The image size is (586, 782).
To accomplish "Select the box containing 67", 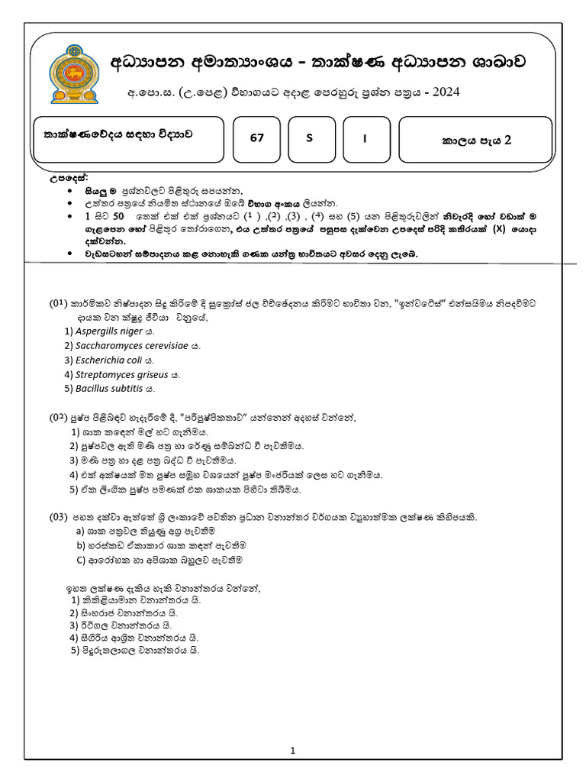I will tap(257, 138).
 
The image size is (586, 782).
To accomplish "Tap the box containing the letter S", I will tap(309, 138).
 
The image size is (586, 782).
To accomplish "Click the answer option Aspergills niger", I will tap(110, 331).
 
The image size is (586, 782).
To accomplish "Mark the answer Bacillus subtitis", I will tap(110, 389).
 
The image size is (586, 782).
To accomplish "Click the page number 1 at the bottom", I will tap(292, 751).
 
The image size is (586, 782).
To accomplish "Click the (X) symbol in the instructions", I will tap(499, 228).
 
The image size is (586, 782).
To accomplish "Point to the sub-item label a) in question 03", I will tap(80, 531).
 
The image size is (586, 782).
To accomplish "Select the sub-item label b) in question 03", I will tap(80, 545).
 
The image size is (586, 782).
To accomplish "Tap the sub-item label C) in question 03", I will tap(80, 560).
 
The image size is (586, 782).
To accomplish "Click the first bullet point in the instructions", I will tap(69, 189).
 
